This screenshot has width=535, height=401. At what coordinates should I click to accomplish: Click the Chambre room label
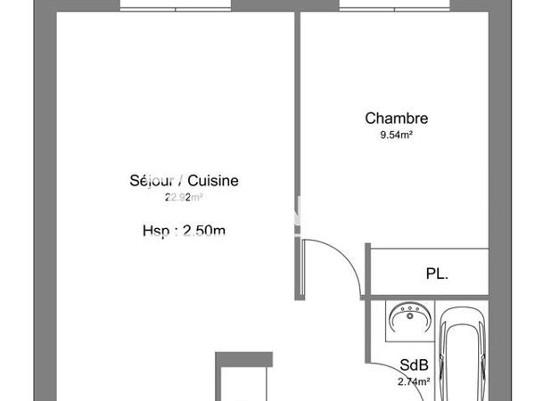pyautogui.click(x=397, y=119)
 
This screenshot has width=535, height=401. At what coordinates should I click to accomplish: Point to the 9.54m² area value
pyautogui.click(x=397, y=136)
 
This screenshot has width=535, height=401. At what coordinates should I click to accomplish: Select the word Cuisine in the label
pyautogui.click(x=212, y=181)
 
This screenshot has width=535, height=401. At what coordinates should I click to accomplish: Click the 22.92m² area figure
pyautogui.click(x=184, y=198)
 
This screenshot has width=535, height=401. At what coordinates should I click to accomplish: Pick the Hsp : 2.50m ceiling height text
pyautogui.click(x=184, y=232)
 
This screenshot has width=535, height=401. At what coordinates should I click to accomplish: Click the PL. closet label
pyautogui.click(x=436, y=274)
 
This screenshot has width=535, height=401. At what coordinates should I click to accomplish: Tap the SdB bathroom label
pyautogui.click(x=412, y=364)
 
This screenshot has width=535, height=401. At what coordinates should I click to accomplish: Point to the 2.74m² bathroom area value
pyautogui.click(x=414, y=381)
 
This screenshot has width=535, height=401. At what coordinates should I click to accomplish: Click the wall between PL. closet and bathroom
pyautogui.click(x=428, y=296)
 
